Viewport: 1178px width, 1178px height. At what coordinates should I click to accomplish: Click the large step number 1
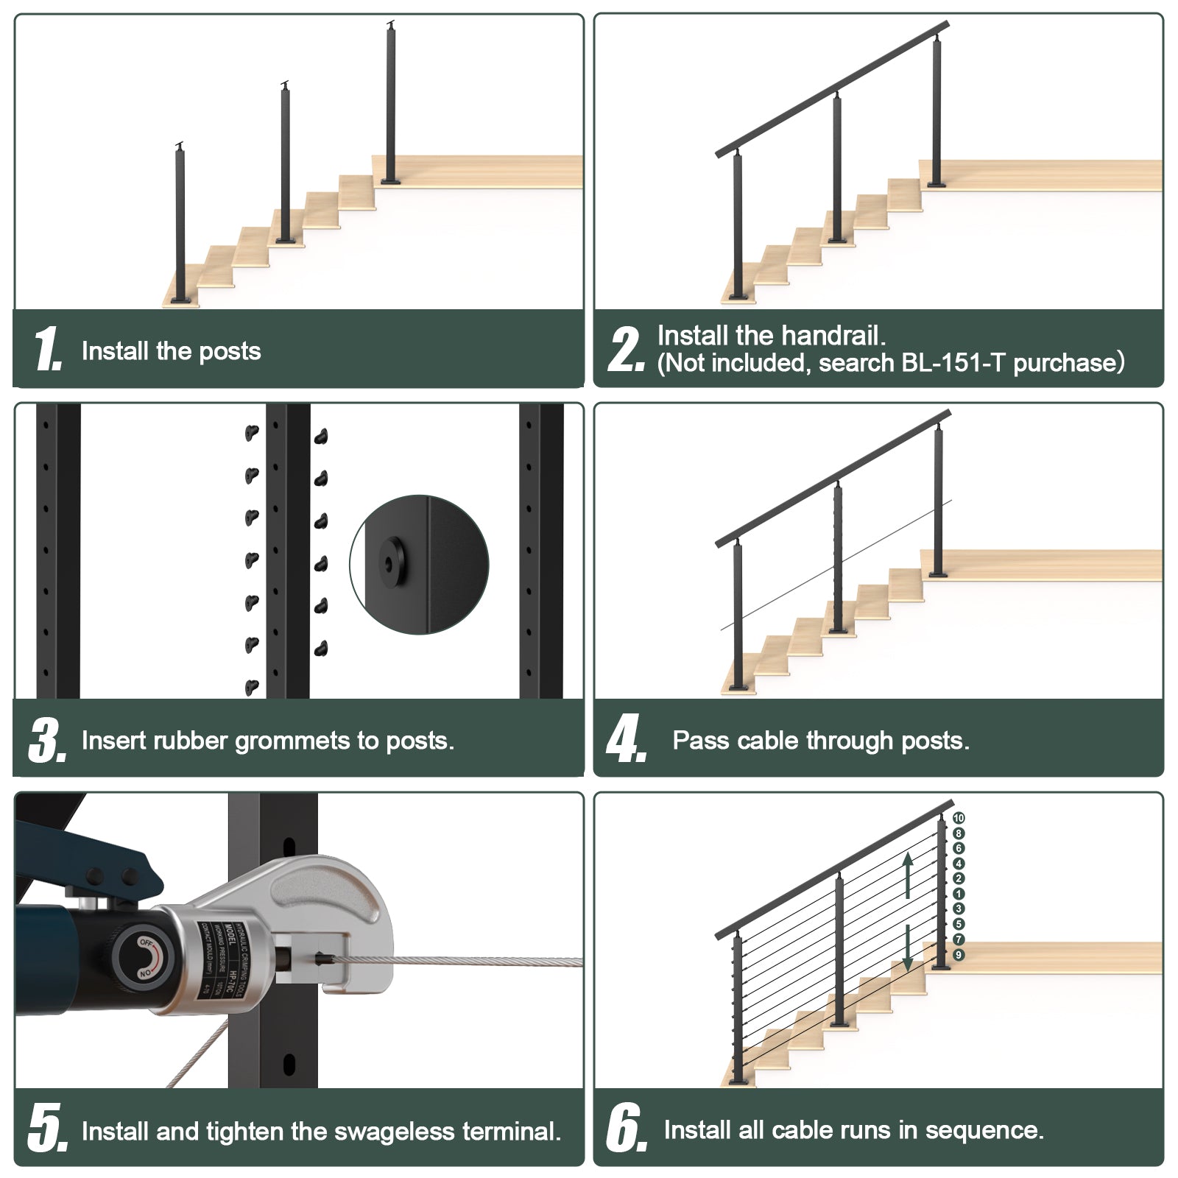[46, 349]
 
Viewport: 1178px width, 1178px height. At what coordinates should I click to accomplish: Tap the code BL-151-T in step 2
[949, 363]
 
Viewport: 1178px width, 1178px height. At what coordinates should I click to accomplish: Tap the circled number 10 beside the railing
[959, 818]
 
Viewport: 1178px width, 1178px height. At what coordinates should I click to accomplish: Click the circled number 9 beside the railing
[959, 955]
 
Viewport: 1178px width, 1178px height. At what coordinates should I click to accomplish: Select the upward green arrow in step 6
[909, 874]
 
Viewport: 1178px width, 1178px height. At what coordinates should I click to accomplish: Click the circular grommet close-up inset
[419, 565]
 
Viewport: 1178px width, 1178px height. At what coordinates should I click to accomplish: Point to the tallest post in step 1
[391, 103]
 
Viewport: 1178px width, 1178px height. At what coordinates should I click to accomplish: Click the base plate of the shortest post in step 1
[180, 300]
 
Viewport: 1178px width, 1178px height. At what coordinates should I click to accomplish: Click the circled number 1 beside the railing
[959, 894]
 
